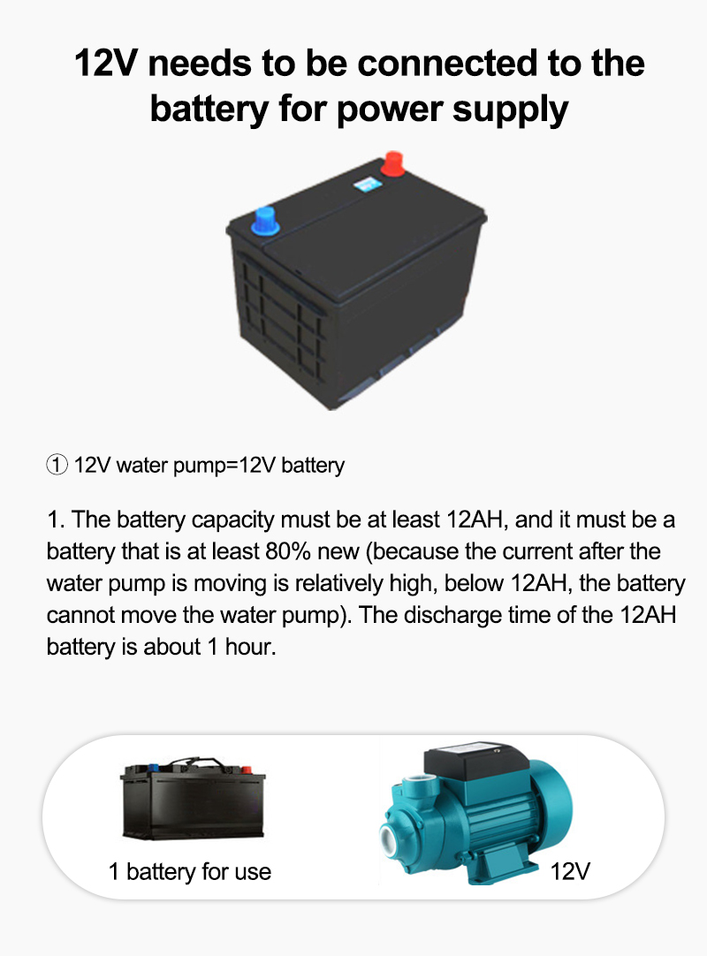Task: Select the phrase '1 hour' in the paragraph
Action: [x=239, y=647]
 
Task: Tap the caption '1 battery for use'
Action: [x=190, y=872]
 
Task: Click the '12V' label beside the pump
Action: [x=569, y=872]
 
